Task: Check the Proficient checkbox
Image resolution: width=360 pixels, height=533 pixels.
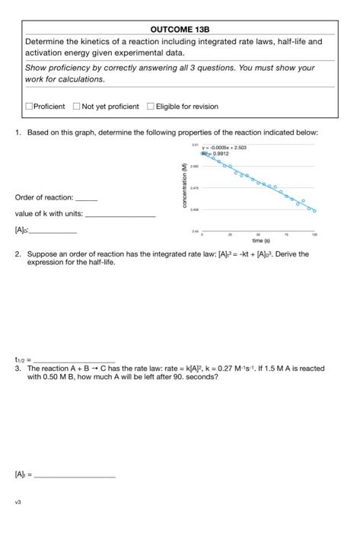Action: (29, 106)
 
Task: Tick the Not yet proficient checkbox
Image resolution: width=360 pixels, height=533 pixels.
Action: (77, 106)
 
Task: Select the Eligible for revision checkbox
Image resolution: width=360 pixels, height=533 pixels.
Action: (151, 106)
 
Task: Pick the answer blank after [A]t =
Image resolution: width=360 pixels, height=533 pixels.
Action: (75, 477)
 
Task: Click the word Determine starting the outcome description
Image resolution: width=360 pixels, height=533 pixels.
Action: (47, 41)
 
